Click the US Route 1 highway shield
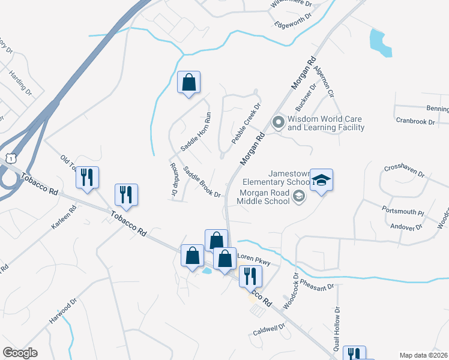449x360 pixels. pyautogui.click(x=8, y=158)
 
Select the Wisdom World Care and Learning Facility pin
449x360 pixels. pyautogui.click(x=278, y=123)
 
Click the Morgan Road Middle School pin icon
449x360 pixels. pyautogui.click(x=298, y=196)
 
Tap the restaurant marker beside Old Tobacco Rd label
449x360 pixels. pyautogui.click(x=87, y=178)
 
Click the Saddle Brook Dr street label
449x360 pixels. pyautogui.click(x=202, y=182)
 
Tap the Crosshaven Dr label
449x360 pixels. pyautogui.click(x=404, y=171)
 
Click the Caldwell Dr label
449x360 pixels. pyautogui.click(x=268, y=329)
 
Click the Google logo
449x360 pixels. pyautogui.click(x=20, y=353)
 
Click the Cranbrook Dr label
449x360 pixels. pyautogui.click(x=415, y=121)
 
